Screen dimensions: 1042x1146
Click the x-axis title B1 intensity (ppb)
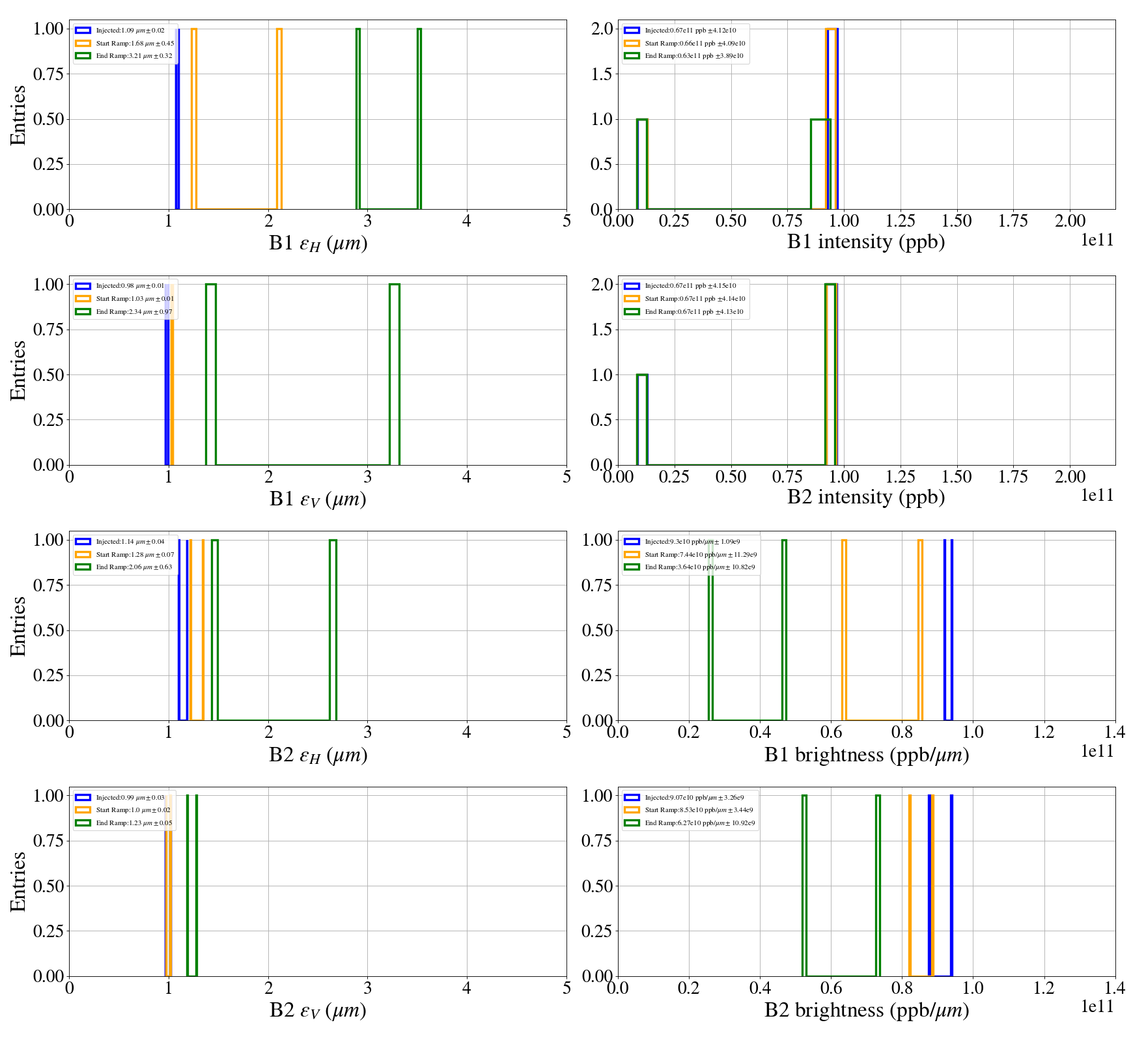pyautogui.click(x=866, y=242)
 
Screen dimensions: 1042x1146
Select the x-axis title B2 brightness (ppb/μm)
pyautogui.click(x=866, y=1010)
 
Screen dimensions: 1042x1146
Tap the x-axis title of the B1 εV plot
pyautogui.click(x=318, y=499)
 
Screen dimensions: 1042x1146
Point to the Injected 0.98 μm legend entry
pyautogui.click(x=130, y=286)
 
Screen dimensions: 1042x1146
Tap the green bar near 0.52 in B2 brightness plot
pyautogui.click(x=804, y=886)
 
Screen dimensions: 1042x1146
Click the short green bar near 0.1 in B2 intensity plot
pyautogui.click(x=642, y=419)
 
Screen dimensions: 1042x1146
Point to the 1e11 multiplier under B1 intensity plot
pyautogui.click(x=1097, y=240)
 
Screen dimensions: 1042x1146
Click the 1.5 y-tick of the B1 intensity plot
pyautogui.click(x=602, y=74)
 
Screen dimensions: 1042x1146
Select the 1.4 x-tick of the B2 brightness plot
pyautogui.click(x=1115, y=988)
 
